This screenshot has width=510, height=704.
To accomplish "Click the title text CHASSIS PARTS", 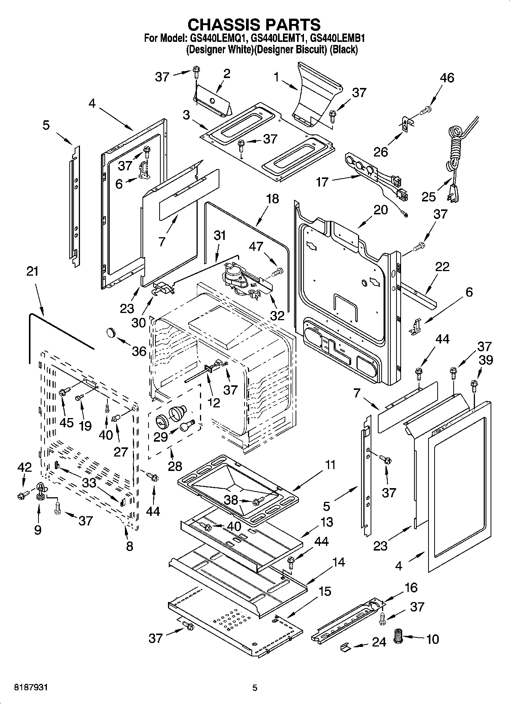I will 254,24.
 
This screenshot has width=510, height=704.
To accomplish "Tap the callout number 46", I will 447,78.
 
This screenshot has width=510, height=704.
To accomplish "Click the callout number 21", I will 33,271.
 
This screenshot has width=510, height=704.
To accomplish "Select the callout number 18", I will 272,199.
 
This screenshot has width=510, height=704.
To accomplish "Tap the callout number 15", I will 325,591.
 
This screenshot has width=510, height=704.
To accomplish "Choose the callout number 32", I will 277,315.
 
